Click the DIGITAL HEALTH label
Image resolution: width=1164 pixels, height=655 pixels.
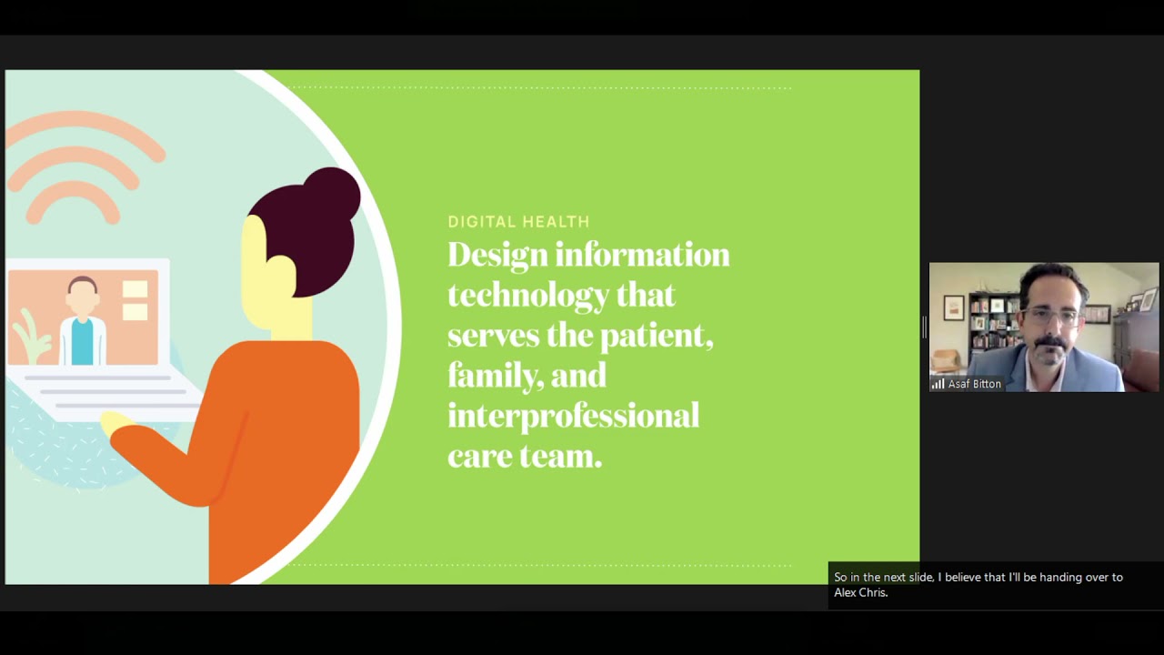pyautogui.click(x=518, y=222)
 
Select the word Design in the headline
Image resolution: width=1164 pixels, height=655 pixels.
pyautogui.click(x=497, y=255)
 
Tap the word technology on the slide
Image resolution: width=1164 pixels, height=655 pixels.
pyautogui.click(x=527, y=296)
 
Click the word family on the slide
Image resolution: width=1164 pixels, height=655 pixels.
pyautogui.click(x=487, y=376)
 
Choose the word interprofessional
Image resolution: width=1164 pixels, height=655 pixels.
pyautogui.click(x=573, y=416)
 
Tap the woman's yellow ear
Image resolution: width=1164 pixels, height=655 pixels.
pyautogui.click(x=281, y=272)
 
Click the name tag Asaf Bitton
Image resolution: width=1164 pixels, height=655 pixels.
pyautogui.click(x=974, y=384)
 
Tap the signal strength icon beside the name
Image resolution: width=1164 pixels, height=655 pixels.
pyautogui.click(x=938, y=384)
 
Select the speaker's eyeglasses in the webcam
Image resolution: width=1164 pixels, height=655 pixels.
pyautogui.click(x=1050, y=316)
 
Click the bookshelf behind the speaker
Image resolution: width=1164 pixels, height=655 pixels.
pyautogui.click(x=991, y=323)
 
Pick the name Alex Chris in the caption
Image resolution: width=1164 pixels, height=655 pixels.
pyautogui.click(x=860, y=592)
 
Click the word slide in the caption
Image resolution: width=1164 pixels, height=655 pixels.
pyautogui.click(x=920, y=577)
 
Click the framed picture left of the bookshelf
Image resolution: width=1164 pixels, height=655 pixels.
pyautogui.click(x=953, y=308)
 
